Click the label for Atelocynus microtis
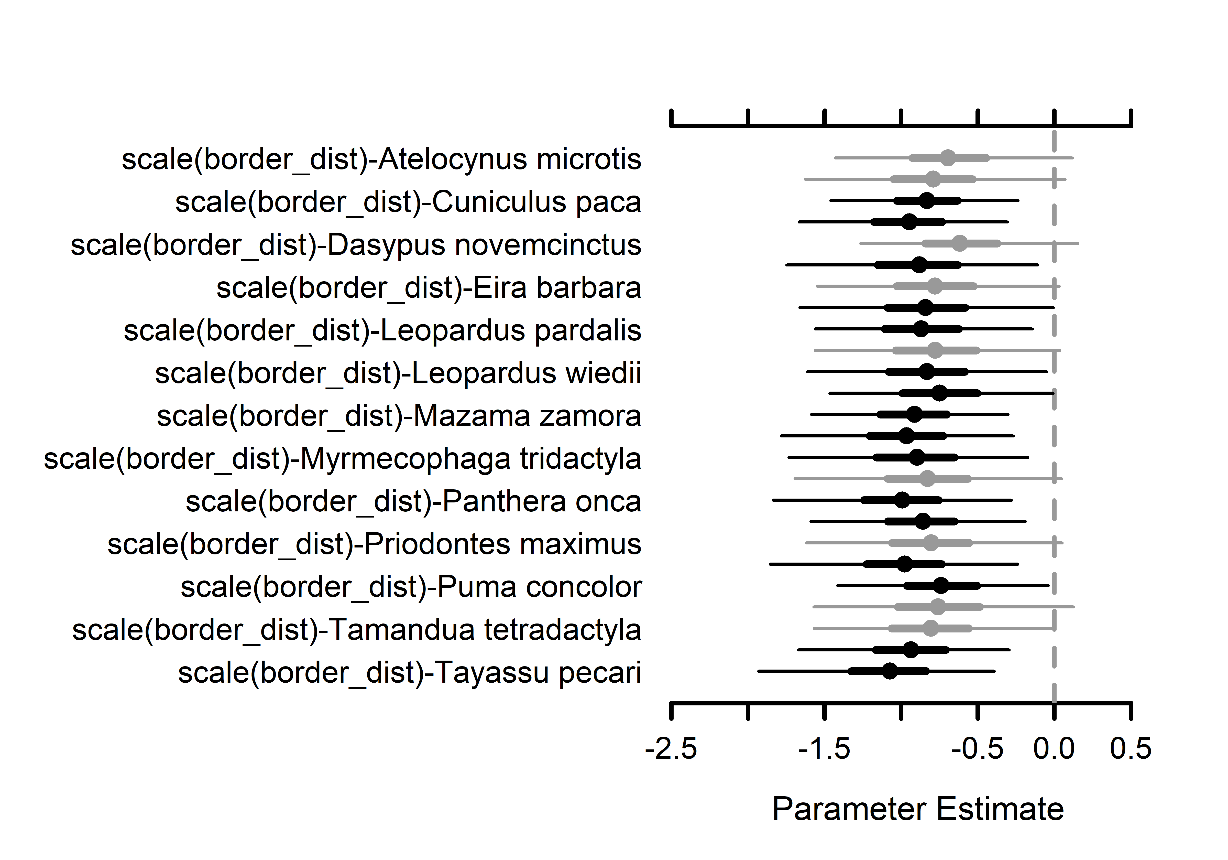coord(381,159)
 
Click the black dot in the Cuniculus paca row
coord(927,201)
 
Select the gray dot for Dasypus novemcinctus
coord(960,243)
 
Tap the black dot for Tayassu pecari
coord(890,671)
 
